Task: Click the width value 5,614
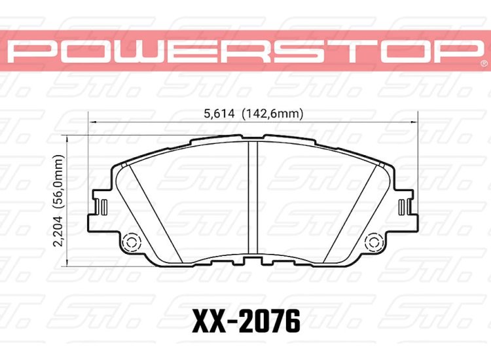point(219,113)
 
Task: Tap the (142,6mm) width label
point(273,113)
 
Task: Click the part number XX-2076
point(245,322)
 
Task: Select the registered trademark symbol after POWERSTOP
point(483,65)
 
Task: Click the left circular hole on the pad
point(130,242)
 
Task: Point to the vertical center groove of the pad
point(253,196)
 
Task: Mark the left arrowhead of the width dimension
point(92,121)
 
